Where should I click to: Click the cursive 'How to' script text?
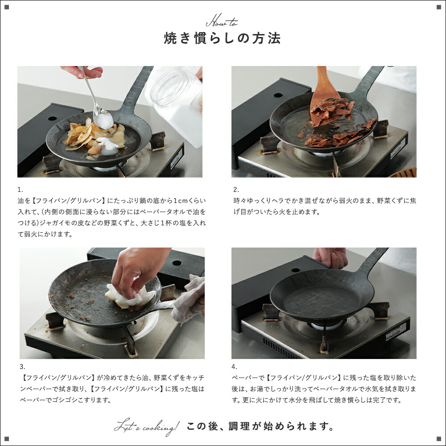(x=222, y=22)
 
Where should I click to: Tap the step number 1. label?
(x=20, y=190)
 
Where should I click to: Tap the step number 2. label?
(x=236, y=190)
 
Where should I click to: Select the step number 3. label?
(x=22, y=367)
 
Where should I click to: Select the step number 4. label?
(x=235, y=367)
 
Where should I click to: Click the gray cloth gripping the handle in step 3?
(x=190, y=299)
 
